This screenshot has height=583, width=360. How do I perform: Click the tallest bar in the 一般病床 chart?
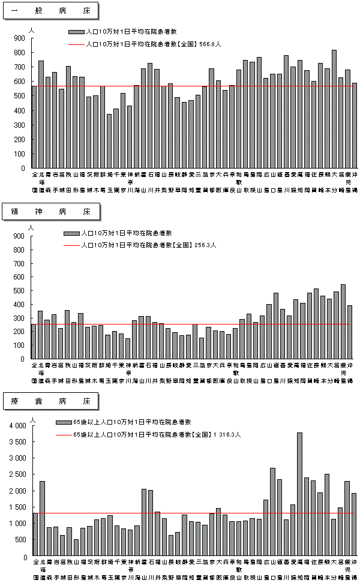coord(334,109)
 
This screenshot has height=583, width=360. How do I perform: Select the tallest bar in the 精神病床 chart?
coord(343,321)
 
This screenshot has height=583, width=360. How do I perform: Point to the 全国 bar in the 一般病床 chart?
coord(34,127)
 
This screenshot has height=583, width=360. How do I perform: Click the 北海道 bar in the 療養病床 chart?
coord(42,519)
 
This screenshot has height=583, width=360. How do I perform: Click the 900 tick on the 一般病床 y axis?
coord(20,38)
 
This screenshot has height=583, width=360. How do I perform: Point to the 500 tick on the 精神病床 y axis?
coord(20,291)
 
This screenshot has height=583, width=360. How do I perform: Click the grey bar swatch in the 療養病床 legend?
coord(62,422)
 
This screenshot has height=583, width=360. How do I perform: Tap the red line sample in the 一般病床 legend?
coord(76,44)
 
